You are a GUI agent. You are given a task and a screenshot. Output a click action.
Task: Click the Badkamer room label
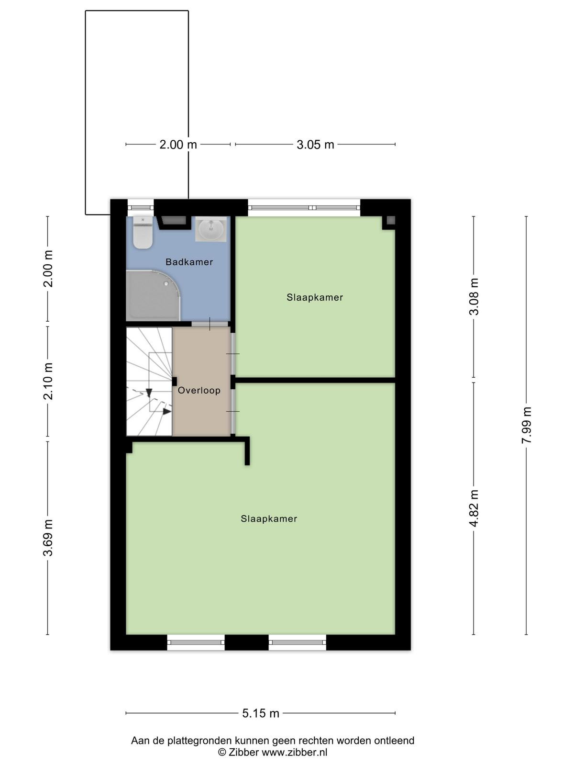pyautogui.click(x=189, y=262)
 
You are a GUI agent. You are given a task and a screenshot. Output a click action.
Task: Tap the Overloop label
pyautogui.click(x=199, y=390)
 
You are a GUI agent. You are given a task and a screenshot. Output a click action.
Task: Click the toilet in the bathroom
pyautogui.click(x=143, y=232)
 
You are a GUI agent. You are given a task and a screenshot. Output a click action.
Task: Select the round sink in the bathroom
pyautogui.click(x=211, y=229)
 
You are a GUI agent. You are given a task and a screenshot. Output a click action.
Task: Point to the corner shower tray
pyautogui.click(x=153, y=295)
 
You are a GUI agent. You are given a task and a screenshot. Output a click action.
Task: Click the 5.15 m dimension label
pyautogui.click(x=261, y=713)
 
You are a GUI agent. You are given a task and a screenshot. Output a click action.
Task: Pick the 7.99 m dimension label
pyautogui.click(x=526, y=425)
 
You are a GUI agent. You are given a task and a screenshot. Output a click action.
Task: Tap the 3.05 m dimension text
pyautogui.click(x=315, y=145)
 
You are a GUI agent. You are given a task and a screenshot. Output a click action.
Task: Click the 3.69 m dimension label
pyautogui.click(x=48, y=538)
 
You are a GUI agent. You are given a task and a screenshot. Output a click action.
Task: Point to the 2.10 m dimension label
pyautogui.click(x=48, y=381)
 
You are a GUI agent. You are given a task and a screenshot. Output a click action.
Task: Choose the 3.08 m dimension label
pyautogui.click(x=474, y=297)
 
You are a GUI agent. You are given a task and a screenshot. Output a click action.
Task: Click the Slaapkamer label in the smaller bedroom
pyautogui.click(x=315, y=297)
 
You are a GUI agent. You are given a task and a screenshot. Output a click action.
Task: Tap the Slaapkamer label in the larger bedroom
pyautogui.click(x=269, y=518)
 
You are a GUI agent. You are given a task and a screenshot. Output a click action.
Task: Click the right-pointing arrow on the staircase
pyautogui.click(x=167, y=411)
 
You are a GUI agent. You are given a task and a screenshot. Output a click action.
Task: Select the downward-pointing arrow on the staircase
pyautogui.click(x=149, y=393)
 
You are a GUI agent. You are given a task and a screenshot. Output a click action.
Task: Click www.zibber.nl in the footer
pyautogui.click(x=295, y=753)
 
